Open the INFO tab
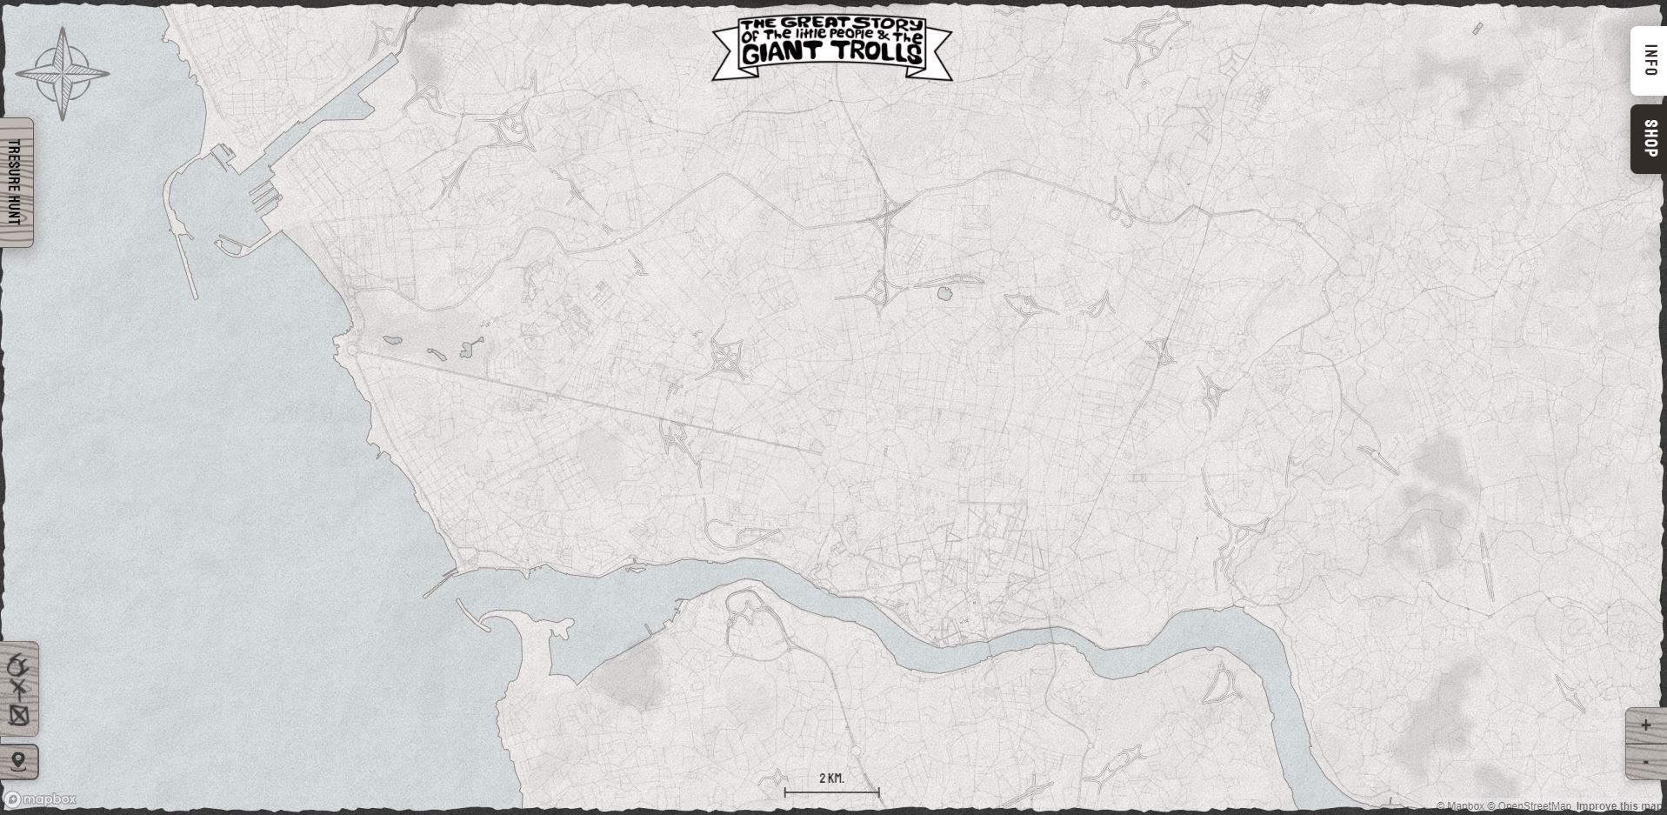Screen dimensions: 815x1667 tap(1650, 60)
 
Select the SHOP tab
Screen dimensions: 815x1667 tap(1650, 138)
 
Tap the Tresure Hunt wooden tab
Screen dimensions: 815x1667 tap(15, 183)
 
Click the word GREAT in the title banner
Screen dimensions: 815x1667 tap(816, 23)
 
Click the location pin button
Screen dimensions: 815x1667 tap(19, 762)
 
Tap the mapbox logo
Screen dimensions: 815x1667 tap(41, 799)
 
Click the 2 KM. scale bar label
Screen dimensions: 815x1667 tap(831, 778)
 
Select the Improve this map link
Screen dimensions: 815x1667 tap(1620, 806)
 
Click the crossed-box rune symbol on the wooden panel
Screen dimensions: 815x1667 tap(19, 716)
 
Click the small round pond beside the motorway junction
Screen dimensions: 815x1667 tap(945, 294)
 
